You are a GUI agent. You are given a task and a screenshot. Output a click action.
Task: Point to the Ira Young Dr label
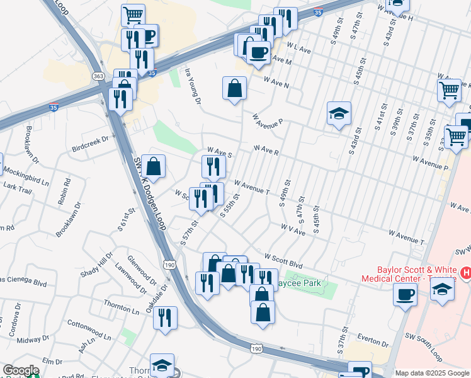[192, 87]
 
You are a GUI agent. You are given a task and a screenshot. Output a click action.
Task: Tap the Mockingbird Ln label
[26, 176]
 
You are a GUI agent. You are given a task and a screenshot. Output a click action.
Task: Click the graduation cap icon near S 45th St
[339, 114]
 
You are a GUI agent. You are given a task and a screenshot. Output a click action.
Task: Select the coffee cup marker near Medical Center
[405, 294]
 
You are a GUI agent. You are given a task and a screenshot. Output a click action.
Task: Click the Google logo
[21, 370]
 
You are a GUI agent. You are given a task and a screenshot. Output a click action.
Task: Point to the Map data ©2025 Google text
[432, 373]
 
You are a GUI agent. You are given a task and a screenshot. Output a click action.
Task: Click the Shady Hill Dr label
[105, 265]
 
